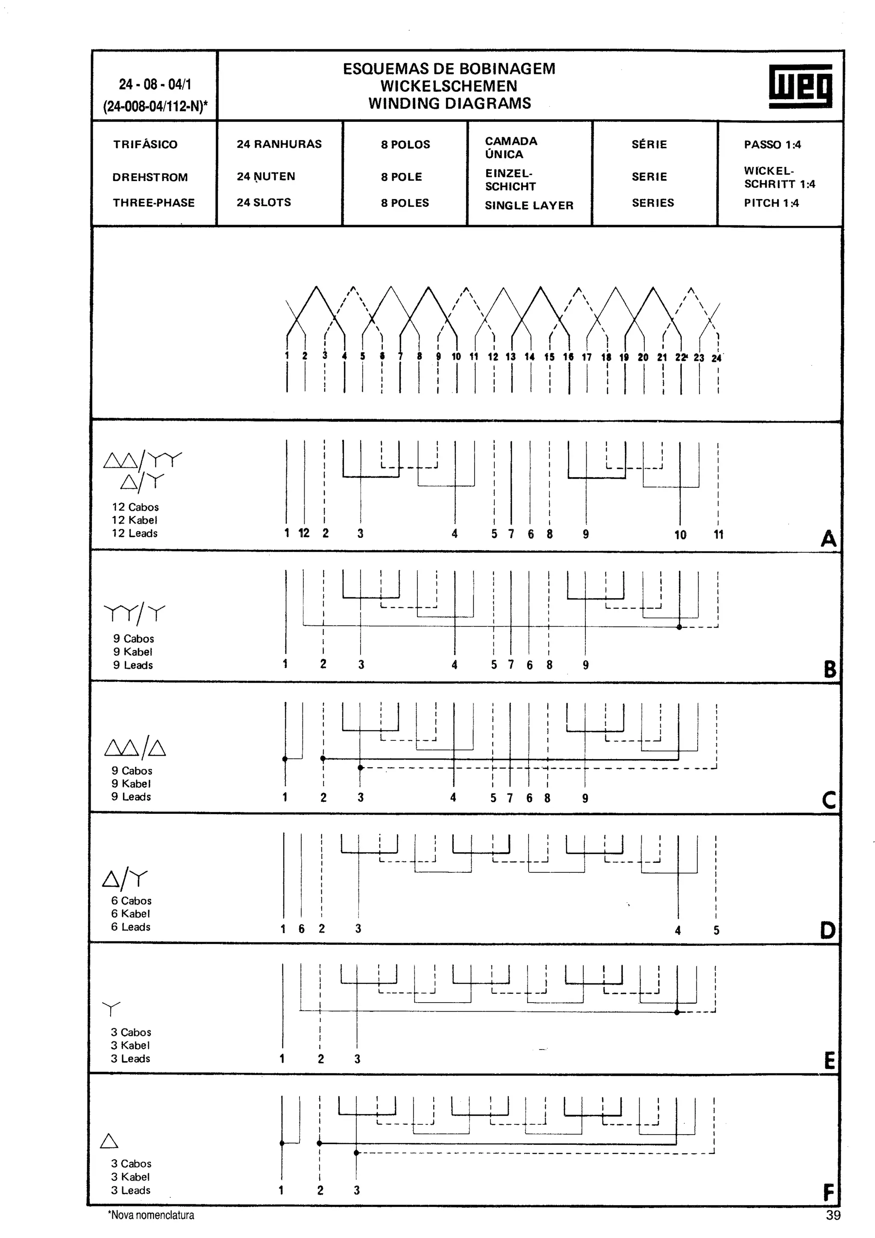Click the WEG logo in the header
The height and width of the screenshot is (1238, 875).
coord(800,86)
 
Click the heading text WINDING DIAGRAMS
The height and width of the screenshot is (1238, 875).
coord(449,103)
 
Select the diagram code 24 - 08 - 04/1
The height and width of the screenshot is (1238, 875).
coord(155,85)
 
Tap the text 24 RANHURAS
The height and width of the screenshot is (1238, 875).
coord(279,144)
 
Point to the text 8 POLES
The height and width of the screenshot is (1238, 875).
coord(405,203)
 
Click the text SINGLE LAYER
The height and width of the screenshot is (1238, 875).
coord(529,205)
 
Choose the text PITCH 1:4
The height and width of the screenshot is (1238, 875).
coord(771,203)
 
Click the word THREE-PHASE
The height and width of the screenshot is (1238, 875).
coord(154,203)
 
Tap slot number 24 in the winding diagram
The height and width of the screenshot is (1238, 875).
coord(716,358)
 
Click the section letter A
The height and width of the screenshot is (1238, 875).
coord(828,539)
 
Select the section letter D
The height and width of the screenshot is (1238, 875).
coord(828,930)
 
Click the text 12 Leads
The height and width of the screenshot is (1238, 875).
coord(135,533)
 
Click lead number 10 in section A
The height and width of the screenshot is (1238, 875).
coord(680,535)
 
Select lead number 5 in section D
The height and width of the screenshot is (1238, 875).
coord(716,930)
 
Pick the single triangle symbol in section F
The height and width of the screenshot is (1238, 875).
coord(109,1141)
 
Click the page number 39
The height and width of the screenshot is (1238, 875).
coord(833,1215)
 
